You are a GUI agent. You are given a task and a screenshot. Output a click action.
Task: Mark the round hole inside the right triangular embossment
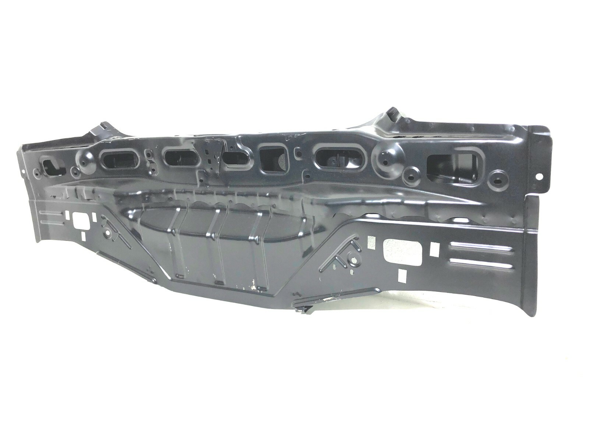[354, 260]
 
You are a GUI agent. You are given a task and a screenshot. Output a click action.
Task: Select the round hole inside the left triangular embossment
[108, 234]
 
